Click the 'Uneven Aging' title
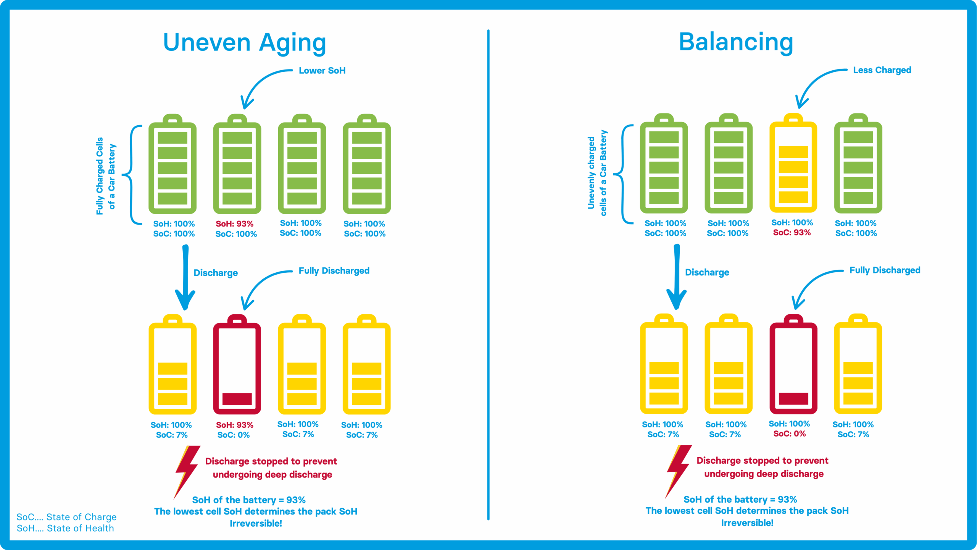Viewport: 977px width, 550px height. point(244,43)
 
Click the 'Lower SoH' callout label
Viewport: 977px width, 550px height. point(322,71)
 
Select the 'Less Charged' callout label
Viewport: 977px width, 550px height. point(882,70)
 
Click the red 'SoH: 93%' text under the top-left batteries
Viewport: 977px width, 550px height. point(234,224)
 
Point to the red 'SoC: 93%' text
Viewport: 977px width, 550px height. point(792,233)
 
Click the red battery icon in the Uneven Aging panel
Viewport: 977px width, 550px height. point(237,365)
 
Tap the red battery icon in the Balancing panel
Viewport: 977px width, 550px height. point(793,364)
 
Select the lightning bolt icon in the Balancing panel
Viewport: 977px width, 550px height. point(678,470)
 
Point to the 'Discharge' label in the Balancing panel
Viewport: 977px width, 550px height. point(707,272)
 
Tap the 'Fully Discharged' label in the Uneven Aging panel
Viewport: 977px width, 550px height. point(334,271)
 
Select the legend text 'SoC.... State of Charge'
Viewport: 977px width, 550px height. point(66,517)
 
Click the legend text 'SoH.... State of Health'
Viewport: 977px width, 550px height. point(65,528)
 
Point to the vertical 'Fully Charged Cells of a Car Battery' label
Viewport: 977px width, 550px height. point(106,176)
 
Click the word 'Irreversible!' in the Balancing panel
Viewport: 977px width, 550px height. point(747,523)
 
